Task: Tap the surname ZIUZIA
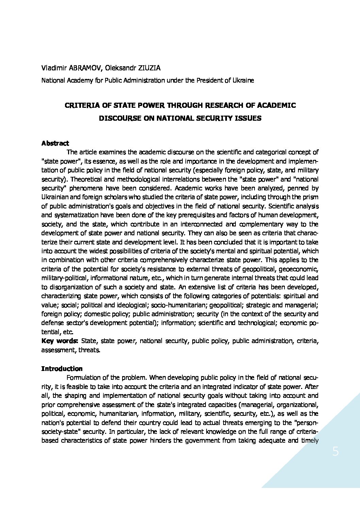tap(149, 68)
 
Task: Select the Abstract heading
tap(55, 143)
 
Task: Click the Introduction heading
tap(62, 369)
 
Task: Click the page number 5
tap(336, 452)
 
